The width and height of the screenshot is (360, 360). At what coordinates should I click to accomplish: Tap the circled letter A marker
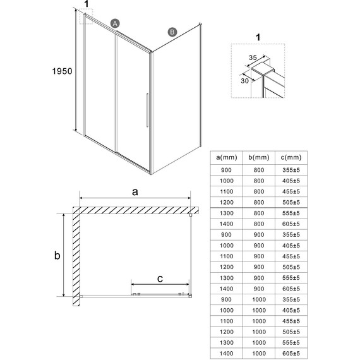coord(115,23)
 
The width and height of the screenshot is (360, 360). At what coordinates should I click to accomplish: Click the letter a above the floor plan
coord(135,192)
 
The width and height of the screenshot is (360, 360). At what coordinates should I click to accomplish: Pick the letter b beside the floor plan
coord(57,256)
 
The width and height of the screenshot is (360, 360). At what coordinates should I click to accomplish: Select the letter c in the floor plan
coord(160,277)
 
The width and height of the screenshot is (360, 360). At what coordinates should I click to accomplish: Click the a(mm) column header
coord(226,157)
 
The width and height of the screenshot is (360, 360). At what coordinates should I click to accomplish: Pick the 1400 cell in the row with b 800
coord(226,224)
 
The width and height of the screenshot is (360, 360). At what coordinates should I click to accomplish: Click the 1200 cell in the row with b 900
coord(226,267)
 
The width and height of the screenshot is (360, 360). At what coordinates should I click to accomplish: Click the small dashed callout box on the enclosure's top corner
coord(86,17)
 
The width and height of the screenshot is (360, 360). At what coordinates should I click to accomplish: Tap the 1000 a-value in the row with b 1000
coord(226,311)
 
